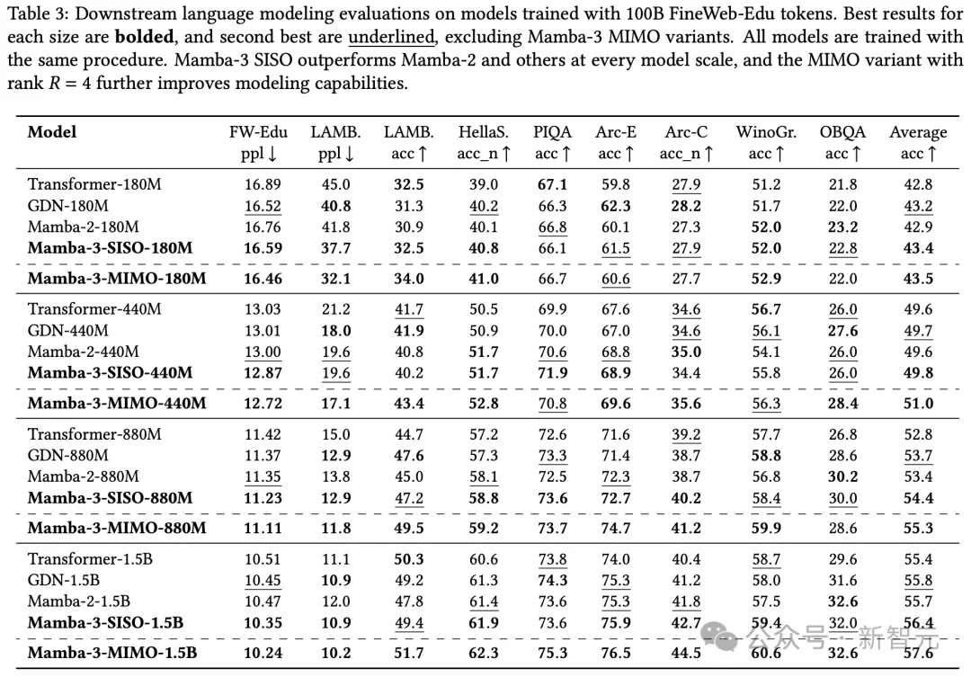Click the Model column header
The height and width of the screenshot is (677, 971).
coord(52,132)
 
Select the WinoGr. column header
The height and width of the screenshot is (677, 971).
coord(766,132)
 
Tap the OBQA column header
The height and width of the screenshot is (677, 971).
coord(842,132)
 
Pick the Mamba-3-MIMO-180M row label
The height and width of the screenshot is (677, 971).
coord(117,279)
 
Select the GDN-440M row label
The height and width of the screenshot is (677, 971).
coord(68,331)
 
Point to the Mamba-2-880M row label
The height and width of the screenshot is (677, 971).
coord(84,477)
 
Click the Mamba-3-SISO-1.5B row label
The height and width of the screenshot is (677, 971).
coord(105,622)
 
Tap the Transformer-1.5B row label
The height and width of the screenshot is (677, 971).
coord(90,559)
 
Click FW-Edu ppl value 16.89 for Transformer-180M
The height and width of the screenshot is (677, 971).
coord(263,184)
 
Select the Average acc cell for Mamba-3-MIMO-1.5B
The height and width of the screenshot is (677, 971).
coord(918,653)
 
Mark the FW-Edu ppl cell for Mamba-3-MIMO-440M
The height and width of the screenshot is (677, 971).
coord(263,404)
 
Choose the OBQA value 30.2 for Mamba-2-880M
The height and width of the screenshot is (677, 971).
coord(842,477)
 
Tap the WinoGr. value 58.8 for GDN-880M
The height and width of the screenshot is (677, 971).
coord(766,456)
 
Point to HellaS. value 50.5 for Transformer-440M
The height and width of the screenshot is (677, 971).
coord(483,309)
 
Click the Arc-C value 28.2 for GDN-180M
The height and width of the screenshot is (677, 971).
coord(686,206)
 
